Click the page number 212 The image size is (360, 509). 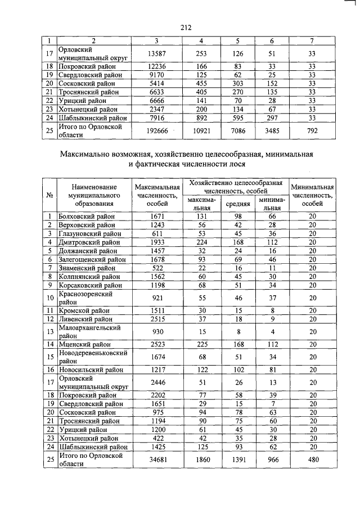[187, 27]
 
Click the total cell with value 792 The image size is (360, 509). [312, 130]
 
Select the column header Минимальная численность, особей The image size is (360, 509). [312, 195]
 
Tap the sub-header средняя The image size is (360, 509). [237, 203]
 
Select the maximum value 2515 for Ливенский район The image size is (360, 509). [156, 319]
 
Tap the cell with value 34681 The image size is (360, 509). [156, 460]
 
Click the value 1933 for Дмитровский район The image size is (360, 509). [156, 242]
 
